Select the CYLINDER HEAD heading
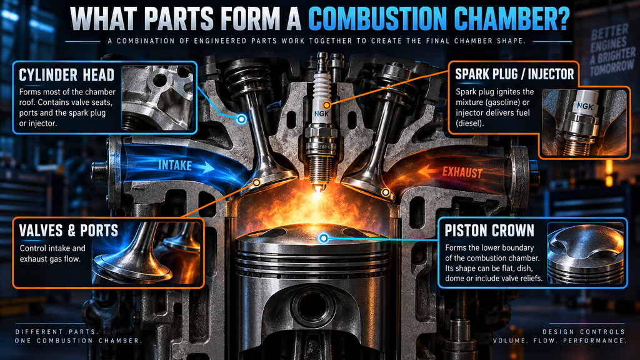(x=66, y=75)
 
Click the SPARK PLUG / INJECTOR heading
(x=514, y=74)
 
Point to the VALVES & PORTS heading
(x=68, y=231)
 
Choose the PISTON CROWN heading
(x=489, y=231)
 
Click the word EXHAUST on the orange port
(x=462, y=172)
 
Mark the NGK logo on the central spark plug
(x=321, y=114)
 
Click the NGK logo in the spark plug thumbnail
(x=585, y=106)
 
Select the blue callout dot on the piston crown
(x=323, y=238)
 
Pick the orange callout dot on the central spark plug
(x=326, y=105)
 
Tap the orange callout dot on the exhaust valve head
(x=385, y=192)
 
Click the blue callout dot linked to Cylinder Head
(x=242, y=119)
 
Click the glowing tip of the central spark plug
(x=317, y=189)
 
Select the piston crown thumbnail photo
(x=585, y=253)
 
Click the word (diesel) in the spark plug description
(x=469, y=123)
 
